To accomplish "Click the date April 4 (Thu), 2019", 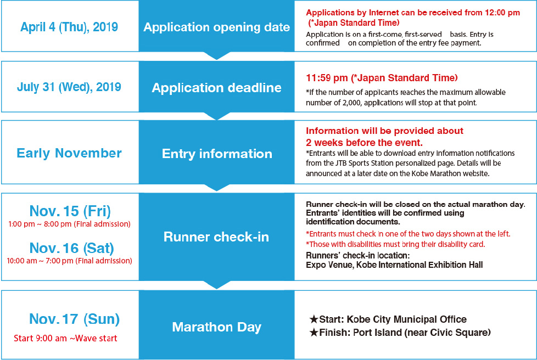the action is point(69,27).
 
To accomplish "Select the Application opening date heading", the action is point(216,27).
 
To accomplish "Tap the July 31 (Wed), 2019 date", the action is point(69,87).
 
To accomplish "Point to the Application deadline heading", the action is point(216,88).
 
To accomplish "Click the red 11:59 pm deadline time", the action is point(327,78).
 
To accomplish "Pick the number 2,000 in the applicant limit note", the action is point(352,103).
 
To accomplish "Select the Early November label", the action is point(69,153).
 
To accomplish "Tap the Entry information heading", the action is point(217,154).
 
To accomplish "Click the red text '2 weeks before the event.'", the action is point(364,142).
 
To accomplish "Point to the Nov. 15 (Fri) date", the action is point(70,211).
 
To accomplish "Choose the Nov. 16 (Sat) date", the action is point(71,248).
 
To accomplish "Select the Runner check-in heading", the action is point(216,237).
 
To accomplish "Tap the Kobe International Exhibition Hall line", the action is point(394,265).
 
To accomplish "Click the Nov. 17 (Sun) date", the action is point(74,319).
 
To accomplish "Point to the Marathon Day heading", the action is point(216,327).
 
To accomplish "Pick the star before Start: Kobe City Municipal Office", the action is point(314,319).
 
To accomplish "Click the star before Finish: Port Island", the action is point(314,332).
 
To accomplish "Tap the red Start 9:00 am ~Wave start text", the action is point(65,339).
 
